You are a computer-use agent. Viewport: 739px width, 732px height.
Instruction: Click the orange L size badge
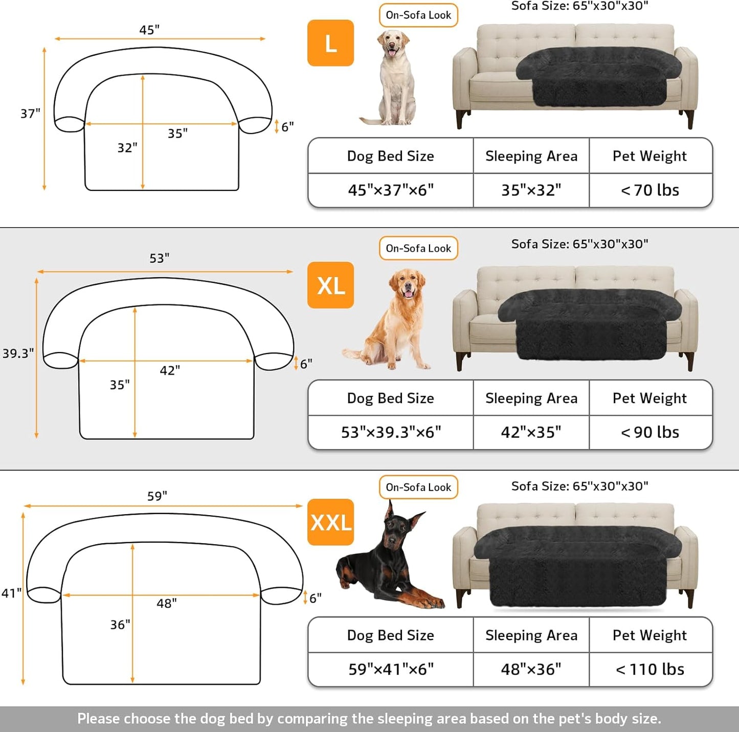[330, 43]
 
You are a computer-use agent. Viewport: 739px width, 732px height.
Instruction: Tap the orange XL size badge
[330, 285]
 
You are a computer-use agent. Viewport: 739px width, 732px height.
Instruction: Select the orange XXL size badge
[330, 522]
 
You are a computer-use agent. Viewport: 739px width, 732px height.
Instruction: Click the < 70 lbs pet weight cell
[650, 190]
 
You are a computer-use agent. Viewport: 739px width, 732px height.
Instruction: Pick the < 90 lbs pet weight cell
[650, 432]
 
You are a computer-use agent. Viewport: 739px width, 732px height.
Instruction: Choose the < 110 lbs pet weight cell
[650, 669]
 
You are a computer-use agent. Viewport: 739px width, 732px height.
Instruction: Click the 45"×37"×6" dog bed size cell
[391, 190]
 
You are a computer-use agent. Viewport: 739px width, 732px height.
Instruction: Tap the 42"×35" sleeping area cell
[531, 432]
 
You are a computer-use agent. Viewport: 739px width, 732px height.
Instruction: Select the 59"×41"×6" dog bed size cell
[391, 669]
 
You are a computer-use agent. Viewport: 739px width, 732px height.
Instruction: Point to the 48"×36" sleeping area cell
[531, 669]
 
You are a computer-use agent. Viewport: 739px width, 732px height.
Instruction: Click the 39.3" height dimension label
[18, 353]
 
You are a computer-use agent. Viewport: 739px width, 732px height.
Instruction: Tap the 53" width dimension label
[159, 258]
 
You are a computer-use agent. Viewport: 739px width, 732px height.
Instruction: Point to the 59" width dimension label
[157, 496]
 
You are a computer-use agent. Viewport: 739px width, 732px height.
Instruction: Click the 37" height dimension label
[30, 114]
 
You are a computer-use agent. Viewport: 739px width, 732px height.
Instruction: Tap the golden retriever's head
[408, 284]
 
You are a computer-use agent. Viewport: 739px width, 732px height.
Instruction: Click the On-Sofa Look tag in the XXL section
[418, 487]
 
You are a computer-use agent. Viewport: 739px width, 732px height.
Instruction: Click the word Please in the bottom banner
[99, 719]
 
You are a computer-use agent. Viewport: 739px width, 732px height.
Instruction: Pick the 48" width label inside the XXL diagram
[167, 604]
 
